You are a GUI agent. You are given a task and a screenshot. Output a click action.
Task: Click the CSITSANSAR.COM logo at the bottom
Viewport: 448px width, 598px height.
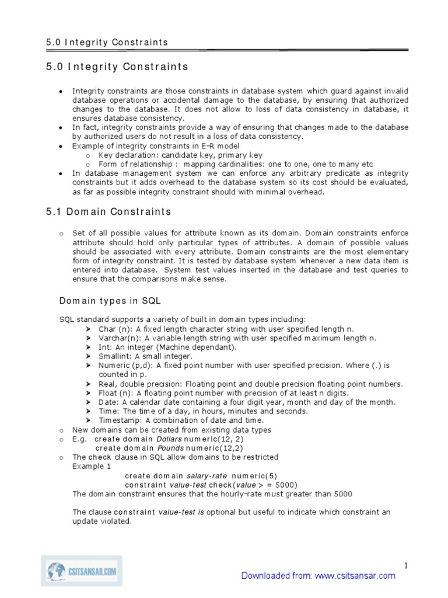tap(81, 570)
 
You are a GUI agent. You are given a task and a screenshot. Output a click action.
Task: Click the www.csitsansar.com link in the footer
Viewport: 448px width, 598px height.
tap(355, 576)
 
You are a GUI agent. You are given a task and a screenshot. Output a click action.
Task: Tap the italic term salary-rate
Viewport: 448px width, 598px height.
tap(206, 475)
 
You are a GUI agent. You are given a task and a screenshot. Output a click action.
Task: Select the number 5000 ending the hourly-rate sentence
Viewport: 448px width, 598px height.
tap(343, 493)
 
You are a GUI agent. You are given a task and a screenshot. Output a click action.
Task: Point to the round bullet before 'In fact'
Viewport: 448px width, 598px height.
tap(62, 128)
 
